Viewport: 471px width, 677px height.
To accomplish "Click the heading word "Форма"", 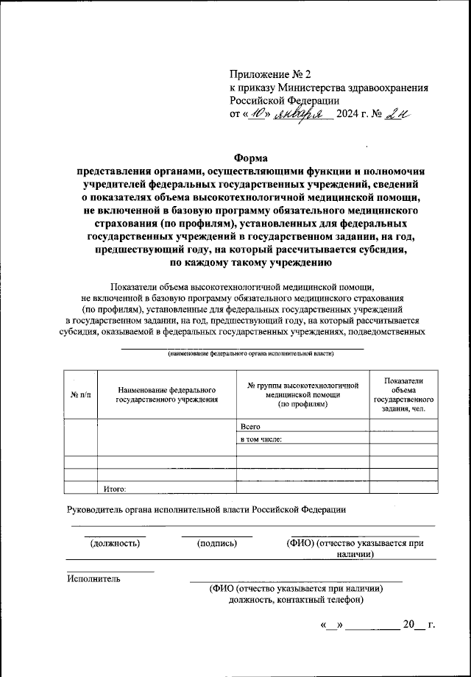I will [x=252, y=157].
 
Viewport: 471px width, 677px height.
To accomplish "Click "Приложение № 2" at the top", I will [x=271, y=74].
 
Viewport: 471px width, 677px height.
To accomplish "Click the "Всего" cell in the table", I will [x=251, y=426].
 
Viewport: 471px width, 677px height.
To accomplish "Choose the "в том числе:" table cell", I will [x=262, y=439].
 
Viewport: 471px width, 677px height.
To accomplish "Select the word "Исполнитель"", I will [x=93, y=578].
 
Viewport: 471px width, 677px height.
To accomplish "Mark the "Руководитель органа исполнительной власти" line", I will [x=206, y=509].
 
